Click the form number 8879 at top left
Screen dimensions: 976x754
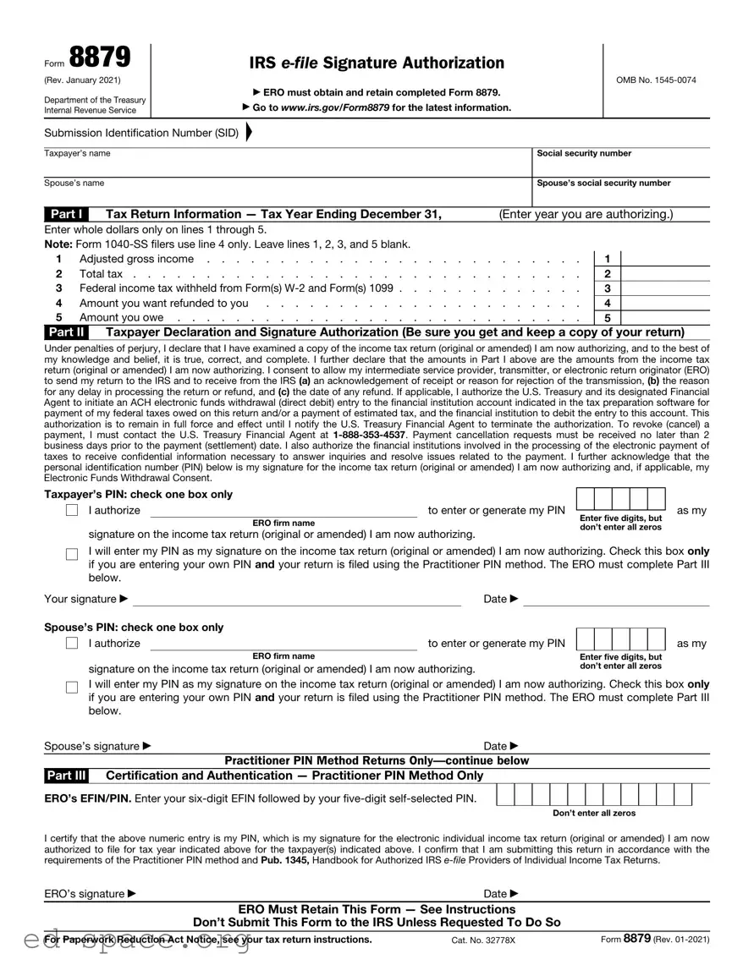pos(100,58)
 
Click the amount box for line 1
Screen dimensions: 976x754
pos(665,259)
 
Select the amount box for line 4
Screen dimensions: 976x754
pos(665,303)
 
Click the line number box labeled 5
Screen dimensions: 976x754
pos(608,318)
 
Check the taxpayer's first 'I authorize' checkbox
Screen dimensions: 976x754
pos(72,511)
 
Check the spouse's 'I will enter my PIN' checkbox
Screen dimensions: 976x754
pos(72,687)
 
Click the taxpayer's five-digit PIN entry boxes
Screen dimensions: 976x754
pos(621,499)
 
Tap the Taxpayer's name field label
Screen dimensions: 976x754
pos(77,154)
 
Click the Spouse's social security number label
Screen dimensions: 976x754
pos(603,183)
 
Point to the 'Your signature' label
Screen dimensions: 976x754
pos(81,600)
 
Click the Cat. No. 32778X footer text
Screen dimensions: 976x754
pos(483,940)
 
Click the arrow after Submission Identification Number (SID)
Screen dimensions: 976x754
pos(249,133)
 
